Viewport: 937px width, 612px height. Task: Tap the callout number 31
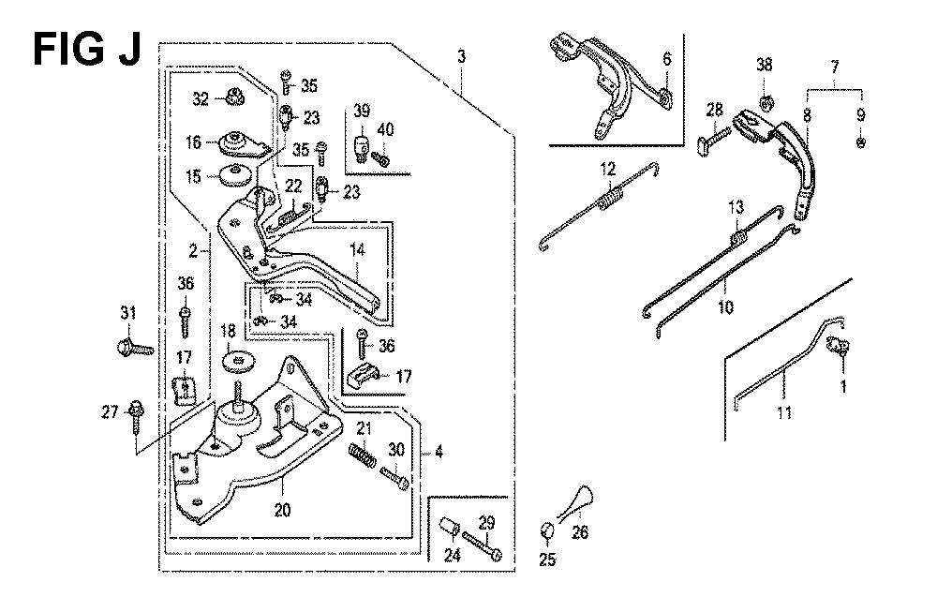128,313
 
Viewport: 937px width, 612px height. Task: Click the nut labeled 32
234,96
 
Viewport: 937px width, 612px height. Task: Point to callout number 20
282,511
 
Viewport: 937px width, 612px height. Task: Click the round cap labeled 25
547,533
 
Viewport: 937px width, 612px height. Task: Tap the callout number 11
784,412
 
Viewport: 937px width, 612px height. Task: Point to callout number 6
666,59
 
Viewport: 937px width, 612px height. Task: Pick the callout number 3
461,58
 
